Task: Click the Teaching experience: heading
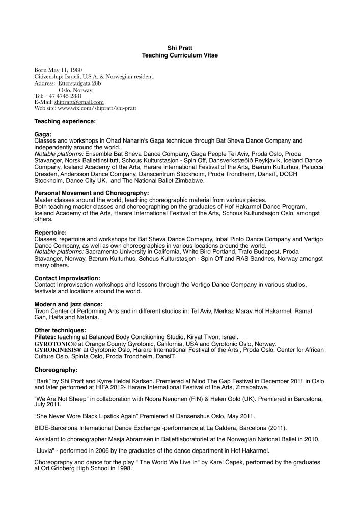point(65,121)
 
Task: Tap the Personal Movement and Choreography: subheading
point(91,193)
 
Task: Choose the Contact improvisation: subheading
point(67,278)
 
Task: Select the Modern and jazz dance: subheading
point(68,304)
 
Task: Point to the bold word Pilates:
point(45,337)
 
